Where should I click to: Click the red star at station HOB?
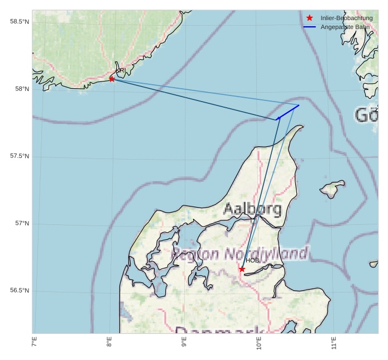[x=242, y=269]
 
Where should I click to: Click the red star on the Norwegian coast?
[x=112, y=79]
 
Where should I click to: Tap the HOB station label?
[x=252, y=260]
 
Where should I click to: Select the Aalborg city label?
[x=252, y=209]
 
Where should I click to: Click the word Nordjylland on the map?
[x=266, y=255]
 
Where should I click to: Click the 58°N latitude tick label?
[x=21, y=89]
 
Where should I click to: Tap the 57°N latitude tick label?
[x=21, y=223]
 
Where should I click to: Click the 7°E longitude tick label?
[x=34, y=342]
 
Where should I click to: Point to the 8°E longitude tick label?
[x=109, y=342]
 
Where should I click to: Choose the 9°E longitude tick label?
[x=184, y=342]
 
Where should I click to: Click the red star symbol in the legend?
[x=309, y=18]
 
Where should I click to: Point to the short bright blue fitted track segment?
[x=288, y=112]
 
